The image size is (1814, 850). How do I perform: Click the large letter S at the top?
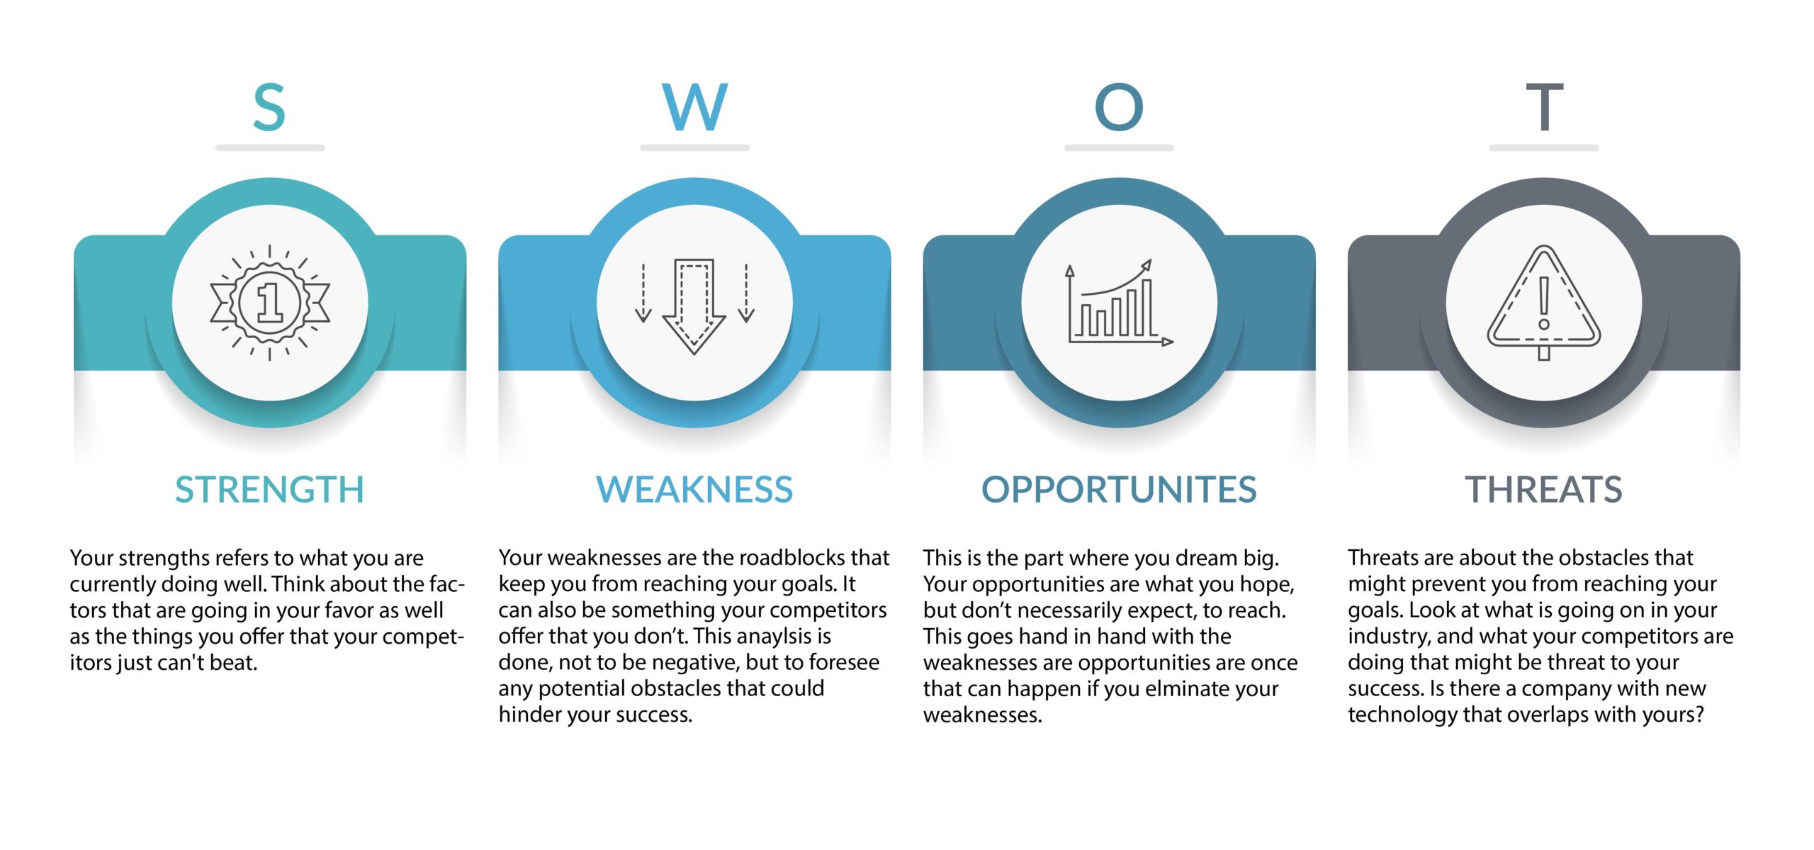click(x=269, y=107)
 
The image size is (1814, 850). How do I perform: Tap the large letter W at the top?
click(x=694, y=107)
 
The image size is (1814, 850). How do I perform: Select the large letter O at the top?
click(x=1119, y=107)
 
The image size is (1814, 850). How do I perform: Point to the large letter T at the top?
click(x=1544, y=107)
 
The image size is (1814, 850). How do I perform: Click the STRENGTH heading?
click(x=269, y=489)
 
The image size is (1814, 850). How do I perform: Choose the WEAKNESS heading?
click(x=694, y=489)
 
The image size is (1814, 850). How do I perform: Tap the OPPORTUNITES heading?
click(x=1119, y=489)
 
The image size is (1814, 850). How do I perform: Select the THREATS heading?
click(x=1543, y=489)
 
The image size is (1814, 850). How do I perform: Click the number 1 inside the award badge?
click(x=270, y=303)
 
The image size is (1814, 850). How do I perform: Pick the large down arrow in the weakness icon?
click(x=694, y=306)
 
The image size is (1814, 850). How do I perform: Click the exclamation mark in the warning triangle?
click(x=1544, y=303)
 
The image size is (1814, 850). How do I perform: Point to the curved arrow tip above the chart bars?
click(x=1147, y=264)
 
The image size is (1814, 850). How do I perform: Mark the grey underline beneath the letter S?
click(x=270, y=148)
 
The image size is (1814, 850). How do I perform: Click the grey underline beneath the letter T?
click(x=1544, y=148)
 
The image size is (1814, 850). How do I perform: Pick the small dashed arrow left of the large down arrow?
click(x=643, y=293)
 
